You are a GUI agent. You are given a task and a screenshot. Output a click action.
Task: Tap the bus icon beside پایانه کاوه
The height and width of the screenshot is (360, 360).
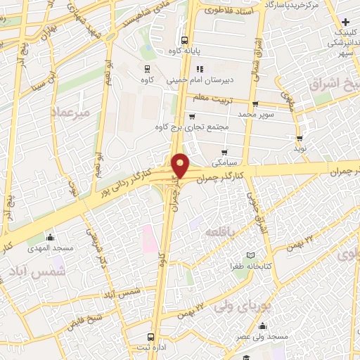(x=184, y=39)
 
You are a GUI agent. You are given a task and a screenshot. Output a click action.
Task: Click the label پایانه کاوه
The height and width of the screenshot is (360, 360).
(x=184, y=51)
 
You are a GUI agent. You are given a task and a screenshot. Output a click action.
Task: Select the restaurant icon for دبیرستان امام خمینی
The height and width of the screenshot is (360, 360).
(x=200, y=70)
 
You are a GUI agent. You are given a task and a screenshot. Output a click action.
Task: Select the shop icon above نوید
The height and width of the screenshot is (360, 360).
(x=300, y=139)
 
